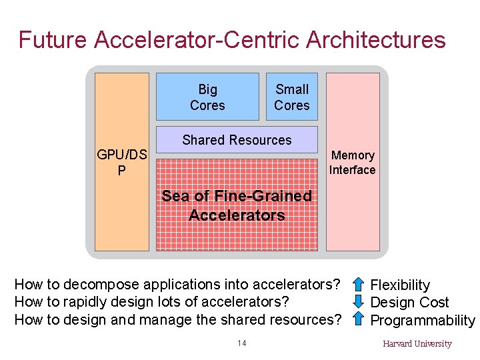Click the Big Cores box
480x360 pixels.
point(207,97)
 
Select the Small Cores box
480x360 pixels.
point(292,97)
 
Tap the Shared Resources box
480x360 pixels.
point(237,140)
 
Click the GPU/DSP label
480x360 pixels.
point(122,163)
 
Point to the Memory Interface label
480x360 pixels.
point(353,163)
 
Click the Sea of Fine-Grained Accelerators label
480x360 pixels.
point(237,205)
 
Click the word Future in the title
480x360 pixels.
point(53,40)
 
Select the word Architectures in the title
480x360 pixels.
point(376,40)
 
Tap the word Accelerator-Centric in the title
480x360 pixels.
point(197,40)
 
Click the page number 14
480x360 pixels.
point(241,343)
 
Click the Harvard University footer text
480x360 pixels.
point(417,344)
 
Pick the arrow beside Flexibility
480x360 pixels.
point(358,285)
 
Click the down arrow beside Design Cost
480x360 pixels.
point(358,302)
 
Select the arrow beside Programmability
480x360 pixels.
point(358,319)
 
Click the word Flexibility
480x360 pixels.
point(400,285)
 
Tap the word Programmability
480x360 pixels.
point(423,320)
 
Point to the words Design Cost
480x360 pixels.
point(409,303)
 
